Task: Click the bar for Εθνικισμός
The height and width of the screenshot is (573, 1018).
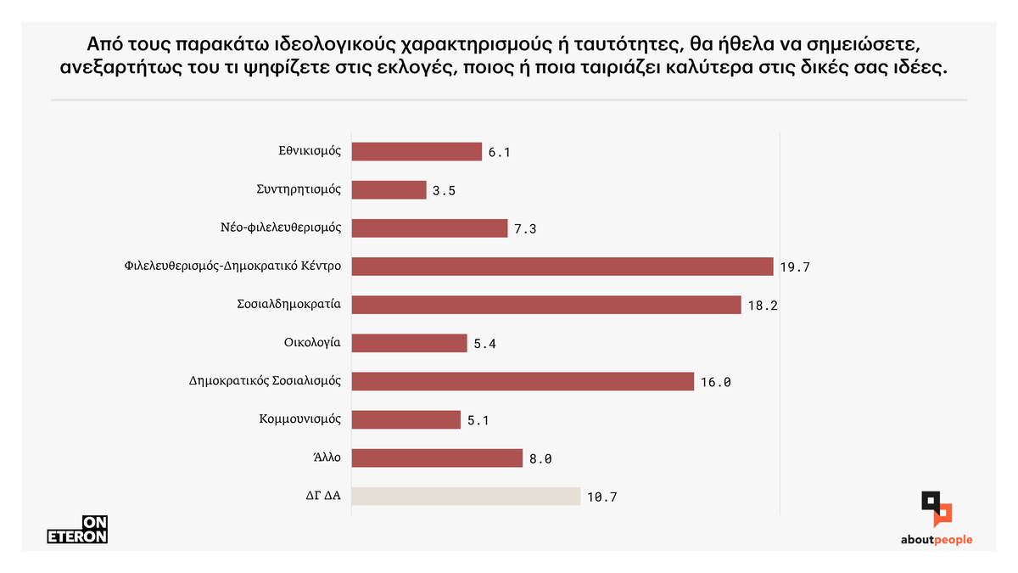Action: [x=416, y=152]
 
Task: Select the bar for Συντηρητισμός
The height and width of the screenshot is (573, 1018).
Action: [x=389, y=190]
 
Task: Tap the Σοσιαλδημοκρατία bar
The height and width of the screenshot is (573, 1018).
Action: [x=546, y=305]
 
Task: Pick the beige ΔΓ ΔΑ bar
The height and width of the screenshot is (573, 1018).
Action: [x=466, y=496]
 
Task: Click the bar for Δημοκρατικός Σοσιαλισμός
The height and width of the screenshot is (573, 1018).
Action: [x=523, y=381]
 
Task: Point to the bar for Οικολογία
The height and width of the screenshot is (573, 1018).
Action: [x=409, y=343]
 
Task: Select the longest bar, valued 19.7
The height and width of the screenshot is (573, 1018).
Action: [x=562, y=267]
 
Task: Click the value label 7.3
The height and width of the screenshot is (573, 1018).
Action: [x=525, y=229]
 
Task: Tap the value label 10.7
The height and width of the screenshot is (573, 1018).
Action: [x=601, y=497]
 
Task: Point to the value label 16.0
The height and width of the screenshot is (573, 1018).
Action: [x=715, y=382]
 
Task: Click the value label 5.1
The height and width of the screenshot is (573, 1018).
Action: [x=478, y=420]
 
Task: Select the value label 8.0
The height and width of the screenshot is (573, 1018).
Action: [x=540, y=458]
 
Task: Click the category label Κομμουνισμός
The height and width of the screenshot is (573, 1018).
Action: [x=299, y=419]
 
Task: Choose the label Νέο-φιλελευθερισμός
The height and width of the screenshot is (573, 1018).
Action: [x=280, y=228]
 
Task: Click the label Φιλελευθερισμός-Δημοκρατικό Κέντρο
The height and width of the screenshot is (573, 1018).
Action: [x=232, y=267]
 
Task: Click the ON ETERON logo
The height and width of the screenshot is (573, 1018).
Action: [x=76, y=530]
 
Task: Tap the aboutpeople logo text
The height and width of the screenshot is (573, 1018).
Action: [x=937, y=540]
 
